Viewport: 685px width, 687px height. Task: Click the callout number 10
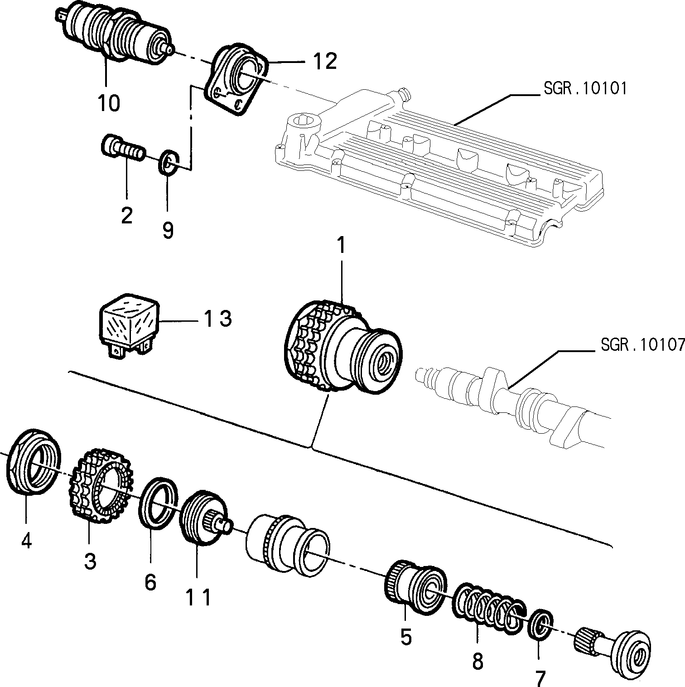(x=109, y=103)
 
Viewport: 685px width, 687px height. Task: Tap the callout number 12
(x=325, y=61)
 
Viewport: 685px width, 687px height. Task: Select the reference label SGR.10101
(x=585, y=88)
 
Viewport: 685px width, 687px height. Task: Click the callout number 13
(x=218, y=319)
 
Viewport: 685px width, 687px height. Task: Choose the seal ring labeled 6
(x=159, y=503)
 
